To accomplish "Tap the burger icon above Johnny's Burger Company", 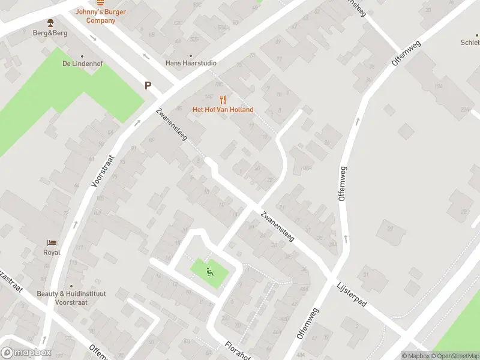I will pos(96,2).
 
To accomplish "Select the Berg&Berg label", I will pos(50,33).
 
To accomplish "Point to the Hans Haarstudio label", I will pos(191,63).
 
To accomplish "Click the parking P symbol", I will pos(148,86).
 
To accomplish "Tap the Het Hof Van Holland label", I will pos(223,110).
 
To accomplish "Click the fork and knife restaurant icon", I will pos(223,100).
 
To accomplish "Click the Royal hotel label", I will pos(52,253).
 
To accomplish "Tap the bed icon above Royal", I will pos(52,243).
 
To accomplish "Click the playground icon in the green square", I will pos(209,271).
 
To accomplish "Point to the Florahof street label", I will pos(238,351).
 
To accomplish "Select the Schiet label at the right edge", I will pos(470,43).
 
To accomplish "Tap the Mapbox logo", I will pos(26,353).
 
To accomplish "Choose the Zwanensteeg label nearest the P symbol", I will pos(172,125).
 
